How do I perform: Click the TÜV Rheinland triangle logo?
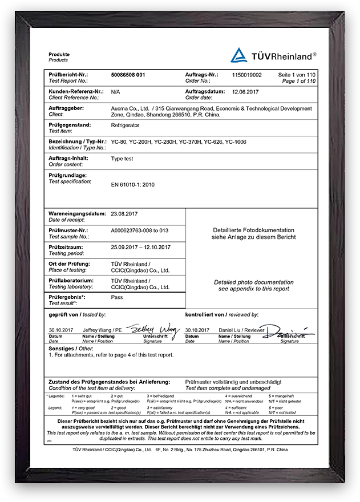tap(238, 55)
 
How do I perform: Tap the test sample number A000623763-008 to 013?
tap(140, 230)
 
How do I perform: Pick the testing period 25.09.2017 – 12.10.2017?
tap(140, 247)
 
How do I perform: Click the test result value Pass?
tap(116, 297)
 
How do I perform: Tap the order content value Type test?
tap(122, 159)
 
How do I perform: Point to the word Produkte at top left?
tap(59, 54)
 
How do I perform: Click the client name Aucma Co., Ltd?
tap(130, 108)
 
